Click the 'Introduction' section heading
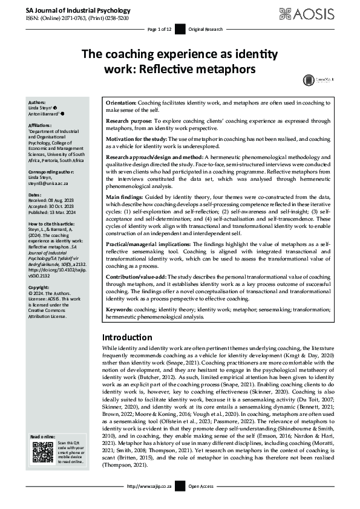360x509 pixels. (128, 337)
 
